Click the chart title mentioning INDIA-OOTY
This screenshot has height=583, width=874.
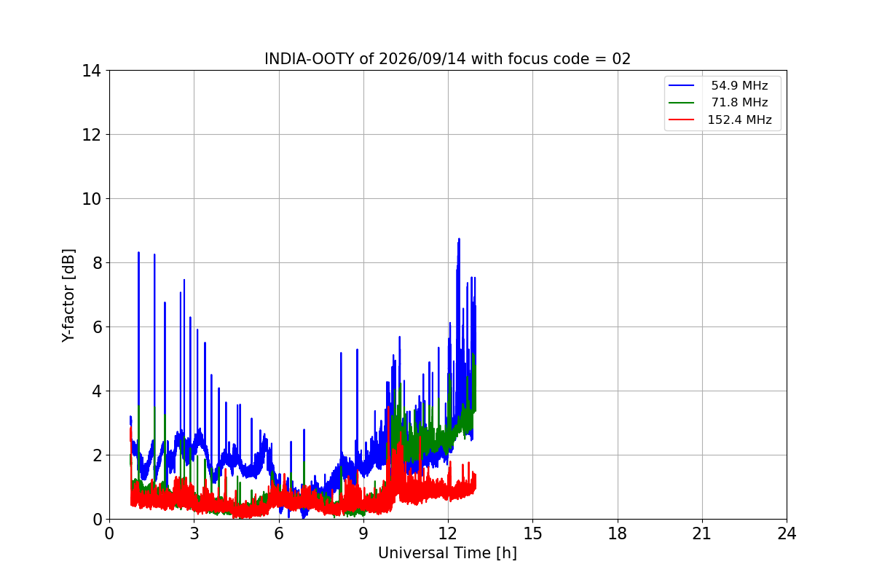(447, 59)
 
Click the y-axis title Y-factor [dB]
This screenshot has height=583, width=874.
(68, 296)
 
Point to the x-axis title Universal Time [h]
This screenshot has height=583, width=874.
(447, 553)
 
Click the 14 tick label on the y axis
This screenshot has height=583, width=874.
(91, 71)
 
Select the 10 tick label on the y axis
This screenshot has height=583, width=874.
(91, 199)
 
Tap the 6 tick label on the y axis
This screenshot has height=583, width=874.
(97, 327)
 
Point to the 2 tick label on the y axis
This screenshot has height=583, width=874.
(97, 455)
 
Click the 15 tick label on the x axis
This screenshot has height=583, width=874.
(532, 533)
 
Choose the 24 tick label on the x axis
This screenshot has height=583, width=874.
(787, 533)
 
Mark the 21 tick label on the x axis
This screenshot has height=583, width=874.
(702, 533)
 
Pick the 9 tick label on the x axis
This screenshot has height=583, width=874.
(363, 533)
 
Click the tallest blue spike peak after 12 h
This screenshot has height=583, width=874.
(459, 238)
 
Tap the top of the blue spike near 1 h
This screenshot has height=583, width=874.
(138, 253)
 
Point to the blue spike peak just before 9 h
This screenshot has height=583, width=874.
(357, 350)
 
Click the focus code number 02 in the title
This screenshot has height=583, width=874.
(621, 59)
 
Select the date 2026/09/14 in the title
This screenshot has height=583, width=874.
(422, 59)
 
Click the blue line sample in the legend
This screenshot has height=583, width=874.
(681, 85)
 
